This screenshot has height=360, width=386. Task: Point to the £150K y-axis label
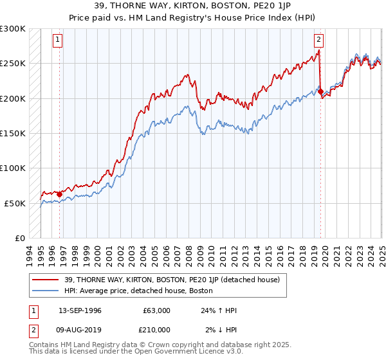tap(13, 133)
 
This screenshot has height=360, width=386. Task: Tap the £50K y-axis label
tap(15, 203)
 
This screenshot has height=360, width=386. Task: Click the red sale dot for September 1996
tap(59, 194)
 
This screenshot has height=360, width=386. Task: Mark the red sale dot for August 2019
tap(320, 92)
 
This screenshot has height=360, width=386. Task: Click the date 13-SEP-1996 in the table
tap(80, 310)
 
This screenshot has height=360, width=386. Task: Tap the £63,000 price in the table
tap(156, 310)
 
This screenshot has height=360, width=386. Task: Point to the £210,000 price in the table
tap(156, 329)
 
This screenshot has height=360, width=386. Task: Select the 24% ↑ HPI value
tap(219, 310)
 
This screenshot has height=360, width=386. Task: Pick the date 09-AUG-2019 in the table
tap(80, 329)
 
